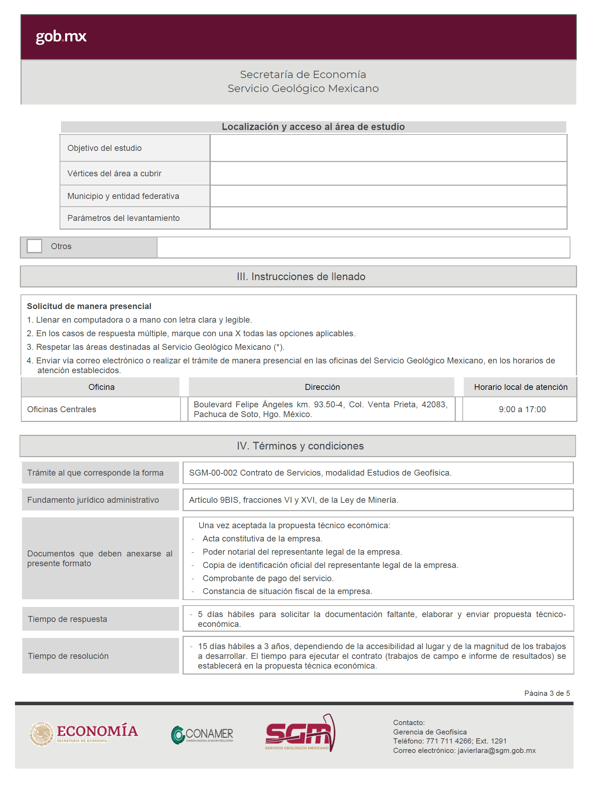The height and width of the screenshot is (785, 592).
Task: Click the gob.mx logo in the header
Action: click(x=61, y=36)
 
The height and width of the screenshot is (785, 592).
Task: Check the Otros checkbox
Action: click(x=34, y=246)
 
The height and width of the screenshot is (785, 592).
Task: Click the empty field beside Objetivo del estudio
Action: click(x=388, y=148)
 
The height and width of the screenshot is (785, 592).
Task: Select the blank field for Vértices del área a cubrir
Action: click(x=388, y=174)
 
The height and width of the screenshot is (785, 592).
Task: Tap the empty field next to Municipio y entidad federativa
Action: click(x=388, y=196)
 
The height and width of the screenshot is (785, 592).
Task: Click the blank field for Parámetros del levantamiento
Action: click(x=388, y=218)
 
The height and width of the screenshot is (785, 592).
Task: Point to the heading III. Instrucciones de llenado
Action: click(x=301, y=276)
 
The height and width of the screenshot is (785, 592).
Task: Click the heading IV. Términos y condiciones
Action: click(x=300, y=446)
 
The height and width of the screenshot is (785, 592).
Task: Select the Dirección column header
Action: click(x=322, y=387)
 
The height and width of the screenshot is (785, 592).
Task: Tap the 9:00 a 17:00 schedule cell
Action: click(x=522, y=409)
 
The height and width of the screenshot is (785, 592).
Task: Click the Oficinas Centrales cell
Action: click(x=62, y=409)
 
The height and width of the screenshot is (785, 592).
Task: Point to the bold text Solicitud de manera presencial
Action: click(x=89, y=306)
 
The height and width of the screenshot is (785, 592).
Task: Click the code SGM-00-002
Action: click(x=213, y=473)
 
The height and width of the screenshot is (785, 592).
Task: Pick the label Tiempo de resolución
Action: click(x=68, y=656)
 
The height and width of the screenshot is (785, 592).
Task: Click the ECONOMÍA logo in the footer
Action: click(x=84, y=733)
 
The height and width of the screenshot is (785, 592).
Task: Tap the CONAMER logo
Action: click(x=202, y=734)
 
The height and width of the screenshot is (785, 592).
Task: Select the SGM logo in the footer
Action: click(x=300, y=733)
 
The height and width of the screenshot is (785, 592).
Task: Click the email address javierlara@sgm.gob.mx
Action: click(x=496, y=750)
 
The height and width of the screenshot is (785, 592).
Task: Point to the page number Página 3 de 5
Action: click(x=547, y=693)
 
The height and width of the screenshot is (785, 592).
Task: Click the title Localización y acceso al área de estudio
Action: click(x=313, y=127)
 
